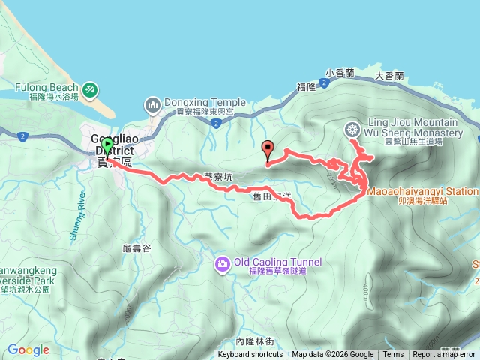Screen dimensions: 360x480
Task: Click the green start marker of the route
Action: (x=107, y=145)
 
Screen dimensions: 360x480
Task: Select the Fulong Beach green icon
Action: (x=89, y=90)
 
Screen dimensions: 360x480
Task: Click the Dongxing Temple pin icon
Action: (x=153, y=103)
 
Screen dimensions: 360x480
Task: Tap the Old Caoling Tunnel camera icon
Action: (x=222, y=262)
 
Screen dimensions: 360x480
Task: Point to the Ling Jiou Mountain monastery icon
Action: (x=352, y=130)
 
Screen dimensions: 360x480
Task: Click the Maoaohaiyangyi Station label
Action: (x=422, y=191)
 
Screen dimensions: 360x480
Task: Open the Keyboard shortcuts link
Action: (x=250, y=355)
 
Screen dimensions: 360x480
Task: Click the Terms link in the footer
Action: (x=393, y=355)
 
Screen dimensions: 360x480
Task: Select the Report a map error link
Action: (x=444, y=355)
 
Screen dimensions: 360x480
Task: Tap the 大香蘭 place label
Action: (x=389, y=76)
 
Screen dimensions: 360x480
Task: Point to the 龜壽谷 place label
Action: (x=136, y=247)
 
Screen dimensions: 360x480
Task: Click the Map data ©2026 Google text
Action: (x=332, y=355)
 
